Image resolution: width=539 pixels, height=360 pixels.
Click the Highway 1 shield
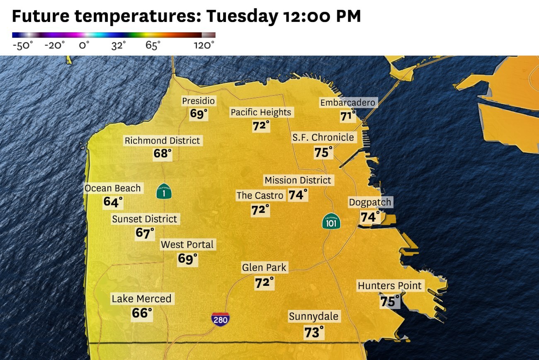point(164,192)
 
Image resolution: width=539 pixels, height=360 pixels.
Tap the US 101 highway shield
point(331,222)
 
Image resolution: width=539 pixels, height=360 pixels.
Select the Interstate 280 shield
point(220,319)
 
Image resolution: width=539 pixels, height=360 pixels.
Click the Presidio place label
point(199,101)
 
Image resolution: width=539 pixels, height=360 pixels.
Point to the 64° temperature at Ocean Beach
point(113,202)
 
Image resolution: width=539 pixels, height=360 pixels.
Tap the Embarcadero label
point(347,103)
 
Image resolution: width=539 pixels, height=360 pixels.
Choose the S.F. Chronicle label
point(323,138)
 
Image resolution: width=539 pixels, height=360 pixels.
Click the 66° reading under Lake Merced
point(142,313)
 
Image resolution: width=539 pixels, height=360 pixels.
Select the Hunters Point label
point(389,285)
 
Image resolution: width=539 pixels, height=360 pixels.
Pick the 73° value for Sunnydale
point(313,332)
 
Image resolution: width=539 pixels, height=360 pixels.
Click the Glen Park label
point(264,268)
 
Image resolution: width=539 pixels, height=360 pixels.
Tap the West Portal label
point(187,244)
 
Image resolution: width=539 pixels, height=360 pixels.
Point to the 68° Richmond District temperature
point(162,154)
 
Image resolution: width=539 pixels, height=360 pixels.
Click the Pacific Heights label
point(261,112)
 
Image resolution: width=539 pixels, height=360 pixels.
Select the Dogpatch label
point(370,203)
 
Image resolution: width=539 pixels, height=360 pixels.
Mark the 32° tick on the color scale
point(118,45)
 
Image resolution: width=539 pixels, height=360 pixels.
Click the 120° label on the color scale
point(204,45)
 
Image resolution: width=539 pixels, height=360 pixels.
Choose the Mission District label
point(298,180)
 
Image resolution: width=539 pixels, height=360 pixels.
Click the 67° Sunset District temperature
point(145,233)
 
